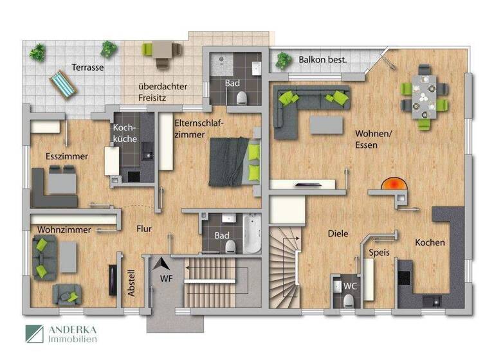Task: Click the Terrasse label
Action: pyautogui.click(x=87, y=67)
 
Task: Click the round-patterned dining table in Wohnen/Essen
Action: pyautogui.click(x=424, y=97)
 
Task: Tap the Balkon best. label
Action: pyautogui.click(x=323, y=60)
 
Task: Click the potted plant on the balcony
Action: pyautogui.click(x=282, y=60)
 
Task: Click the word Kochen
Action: pyautogui.click(x=430, y=242)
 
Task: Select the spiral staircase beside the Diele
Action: pyautogui.click(x=284, y=264)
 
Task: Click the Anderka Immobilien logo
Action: pyautogui.click(x=61, y=334)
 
